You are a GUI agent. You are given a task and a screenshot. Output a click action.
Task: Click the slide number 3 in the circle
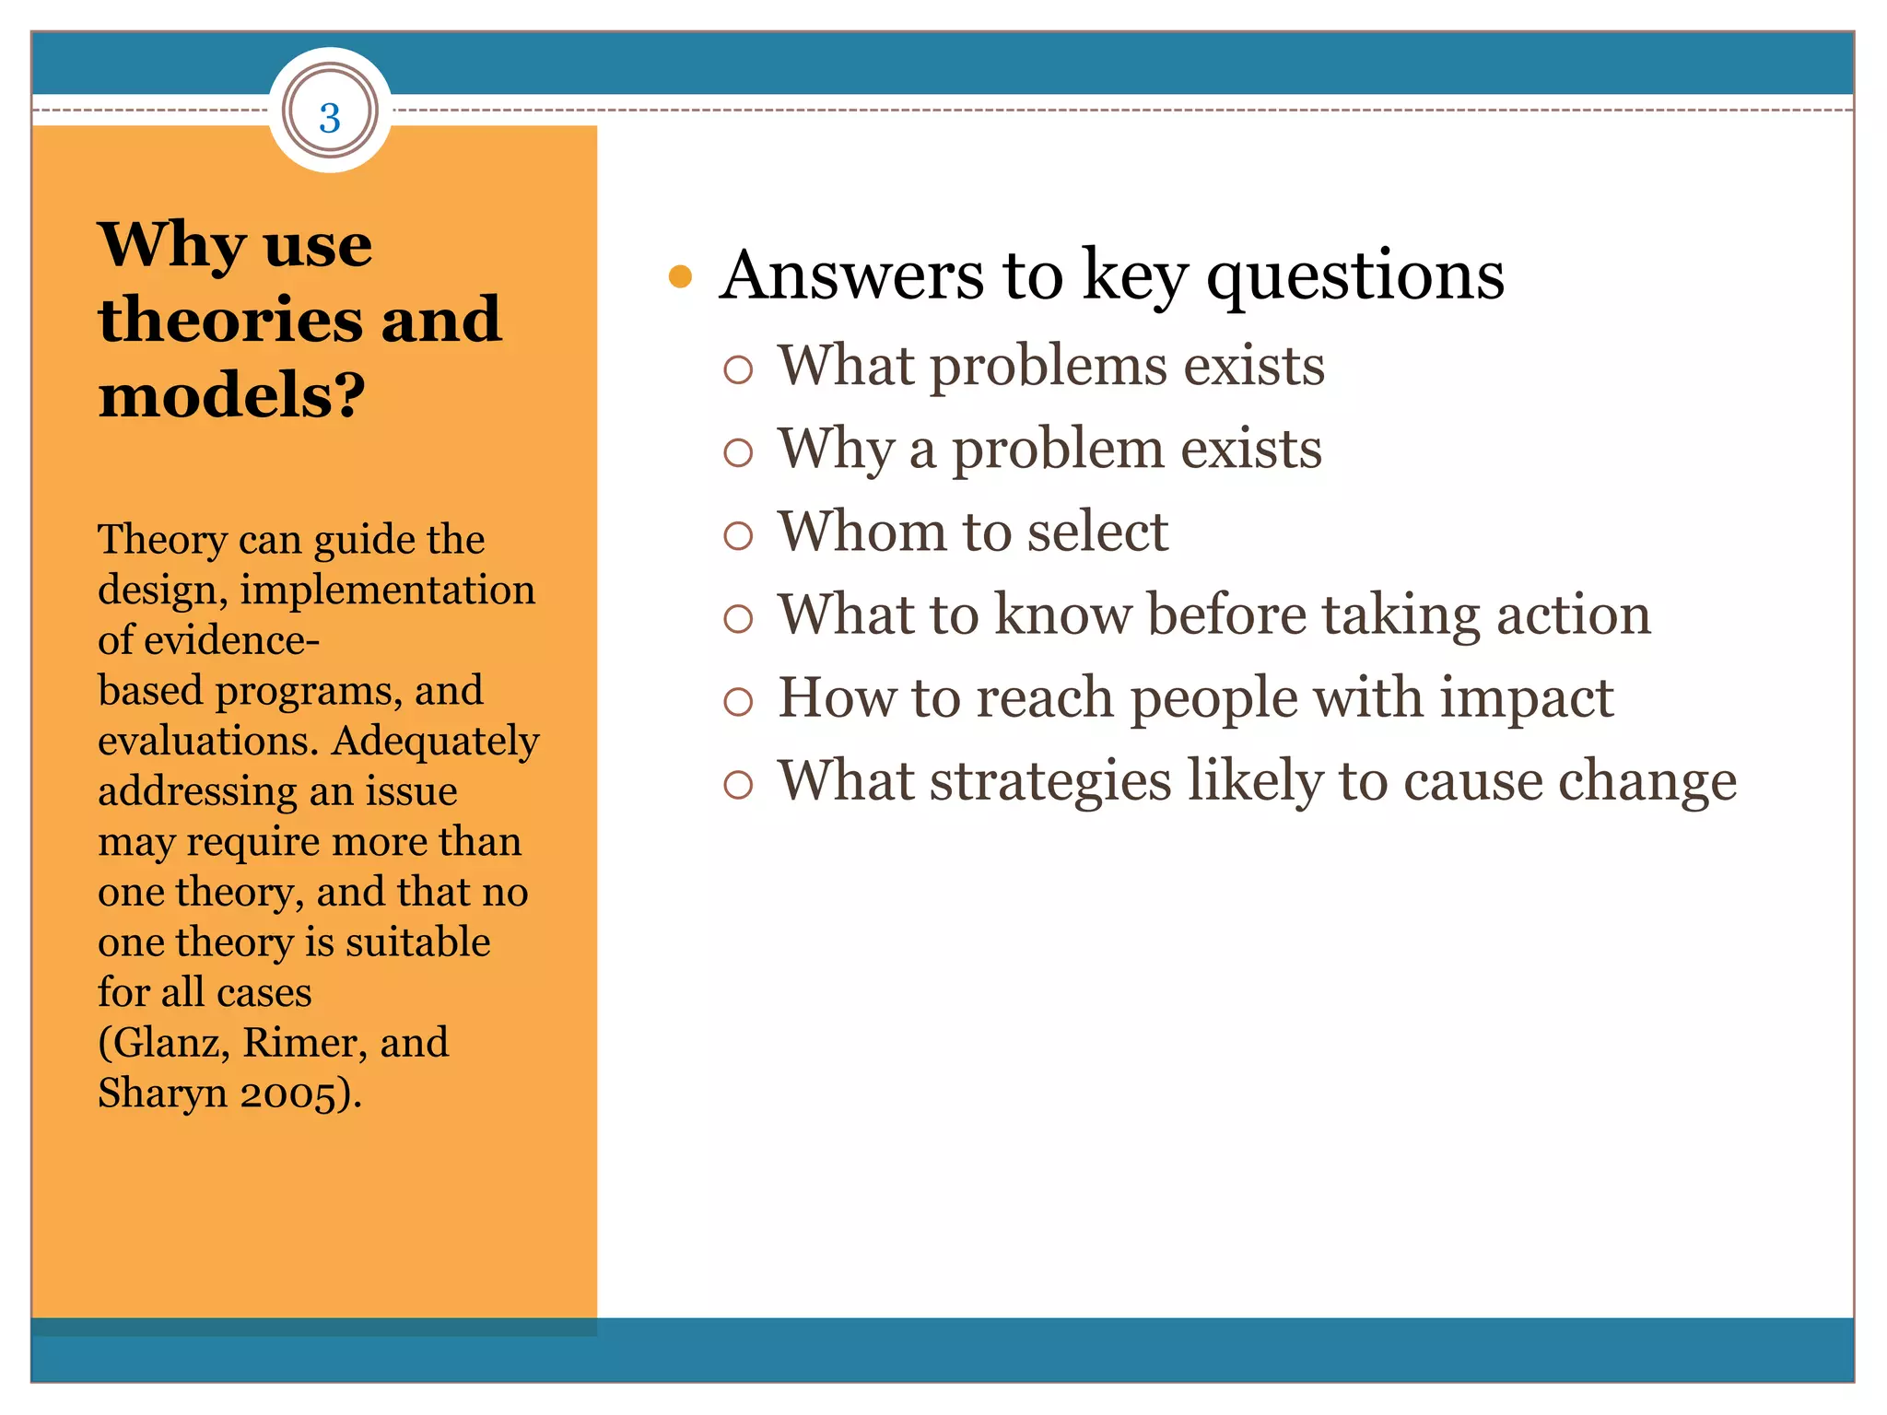click(330, 118)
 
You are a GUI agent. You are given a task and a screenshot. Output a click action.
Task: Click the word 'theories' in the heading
click(230, 320)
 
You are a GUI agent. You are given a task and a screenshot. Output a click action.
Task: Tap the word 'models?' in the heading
click(231, 395)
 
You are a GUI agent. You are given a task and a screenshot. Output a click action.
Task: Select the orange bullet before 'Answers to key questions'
click(680, 276)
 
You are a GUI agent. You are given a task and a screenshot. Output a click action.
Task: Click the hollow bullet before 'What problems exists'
click(738, 369)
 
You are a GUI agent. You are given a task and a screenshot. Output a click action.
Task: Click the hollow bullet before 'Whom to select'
click(738, 535)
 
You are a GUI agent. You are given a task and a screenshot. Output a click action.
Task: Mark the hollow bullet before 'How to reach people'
click(738, 702)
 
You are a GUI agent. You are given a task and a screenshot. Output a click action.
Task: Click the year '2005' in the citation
click(287, 1094)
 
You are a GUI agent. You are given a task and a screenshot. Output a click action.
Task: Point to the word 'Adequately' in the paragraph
click(436, 741)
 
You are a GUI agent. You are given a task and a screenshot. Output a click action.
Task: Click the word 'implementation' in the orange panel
click(387, 590)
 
